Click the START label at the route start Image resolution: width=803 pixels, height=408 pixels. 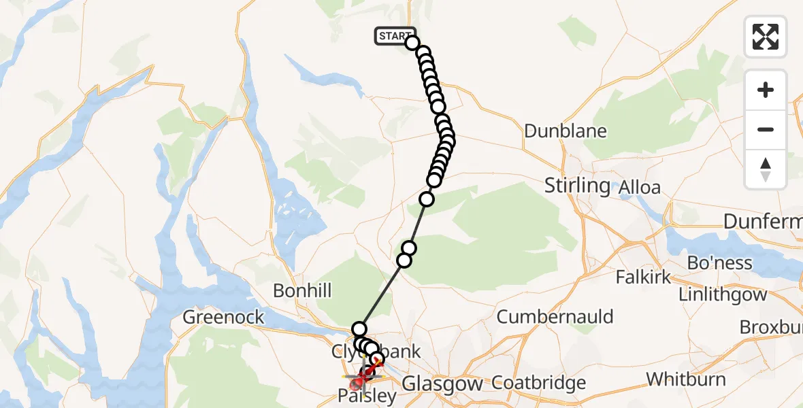[395, 36]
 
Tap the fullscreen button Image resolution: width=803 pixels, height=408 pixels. [766, 37]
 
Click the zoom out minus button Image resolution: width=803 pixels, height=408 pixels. [766, 129]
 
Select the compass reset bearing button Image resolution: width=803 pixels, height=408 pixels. [766, 169]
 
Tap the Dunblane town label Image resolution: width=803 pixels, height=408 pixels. [564, 131]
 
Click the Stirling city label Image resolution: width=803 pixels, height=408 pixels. [577, 185]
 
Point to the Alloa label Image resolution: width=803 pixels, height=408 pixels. [640, 187]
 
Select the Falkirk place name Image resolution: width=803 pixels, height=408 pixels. [643, 277]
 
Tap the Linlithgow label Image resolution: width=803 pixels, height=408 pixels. [723, 294]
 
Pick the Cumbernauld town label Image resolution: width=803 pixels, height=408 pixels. [555, 316]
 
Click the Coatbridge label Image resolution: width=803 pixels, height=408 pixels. [539, 383]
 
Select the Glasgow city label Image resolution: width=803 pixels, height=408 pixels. [442, 384]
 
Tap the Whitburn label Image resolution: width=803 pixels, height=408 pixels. [686, 379]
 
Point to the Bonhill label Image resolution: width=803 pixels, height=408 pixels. [302, 291]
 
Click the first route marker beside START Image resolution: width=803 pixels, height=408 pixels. [412, 43]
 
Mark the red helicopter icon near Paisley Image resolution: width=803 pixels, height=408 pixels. [359, 384]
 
